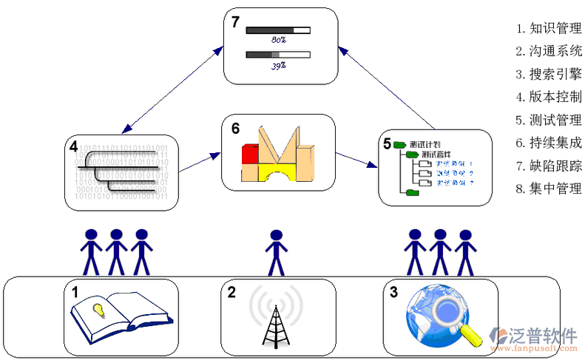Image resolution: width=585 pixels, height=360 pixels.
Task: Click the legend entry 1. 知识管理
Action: [x=549, y=29]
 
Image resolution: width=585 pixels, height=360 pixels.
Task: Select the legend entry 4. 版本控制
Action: [x=549, y=97]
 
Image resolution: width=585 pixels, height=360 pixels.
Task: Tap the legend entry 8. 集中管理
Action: [x=549, y=188]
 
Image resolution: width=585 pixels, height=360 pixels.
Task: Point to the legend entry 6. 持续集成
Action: [x=549, y=143]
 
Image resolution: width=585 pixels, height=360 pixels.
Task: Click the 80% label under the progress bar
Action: [x=279, y=39]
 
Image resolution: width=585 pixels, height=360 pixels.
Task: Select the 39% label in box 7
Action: [x=279, y=65]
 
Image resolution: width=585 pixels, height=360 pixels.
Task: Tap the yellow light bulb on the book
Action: [x=98, y=308]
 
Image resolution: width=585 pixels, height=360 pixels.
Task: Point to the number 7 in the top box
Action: [x=235, y=22]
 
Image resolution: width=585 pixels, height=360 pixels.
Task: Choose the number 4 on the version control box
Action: [x=73, y=146]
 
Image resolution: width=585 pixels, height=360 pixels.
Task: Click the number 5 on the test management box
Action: [x=387, y=142]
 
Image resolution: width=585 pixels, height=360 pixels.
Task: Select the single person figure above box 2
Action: [x=276, y=251]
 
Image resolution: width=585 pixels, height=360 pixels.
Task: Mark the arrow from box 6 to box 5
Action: [x=355, y=160]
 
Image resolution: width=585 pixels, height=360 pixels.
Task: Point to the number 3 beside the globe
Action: [x=394, y=292]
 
